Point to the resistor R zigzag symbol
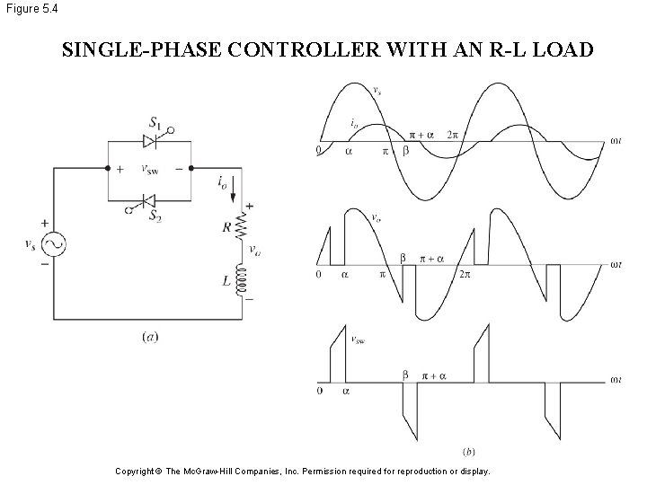click(240, 227)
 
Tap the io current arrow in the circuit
click(235, 190)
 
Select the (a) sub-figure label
click(150, 337)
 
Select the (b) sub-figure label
click(468, 449)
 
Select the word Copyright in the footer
click(137, 471)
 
